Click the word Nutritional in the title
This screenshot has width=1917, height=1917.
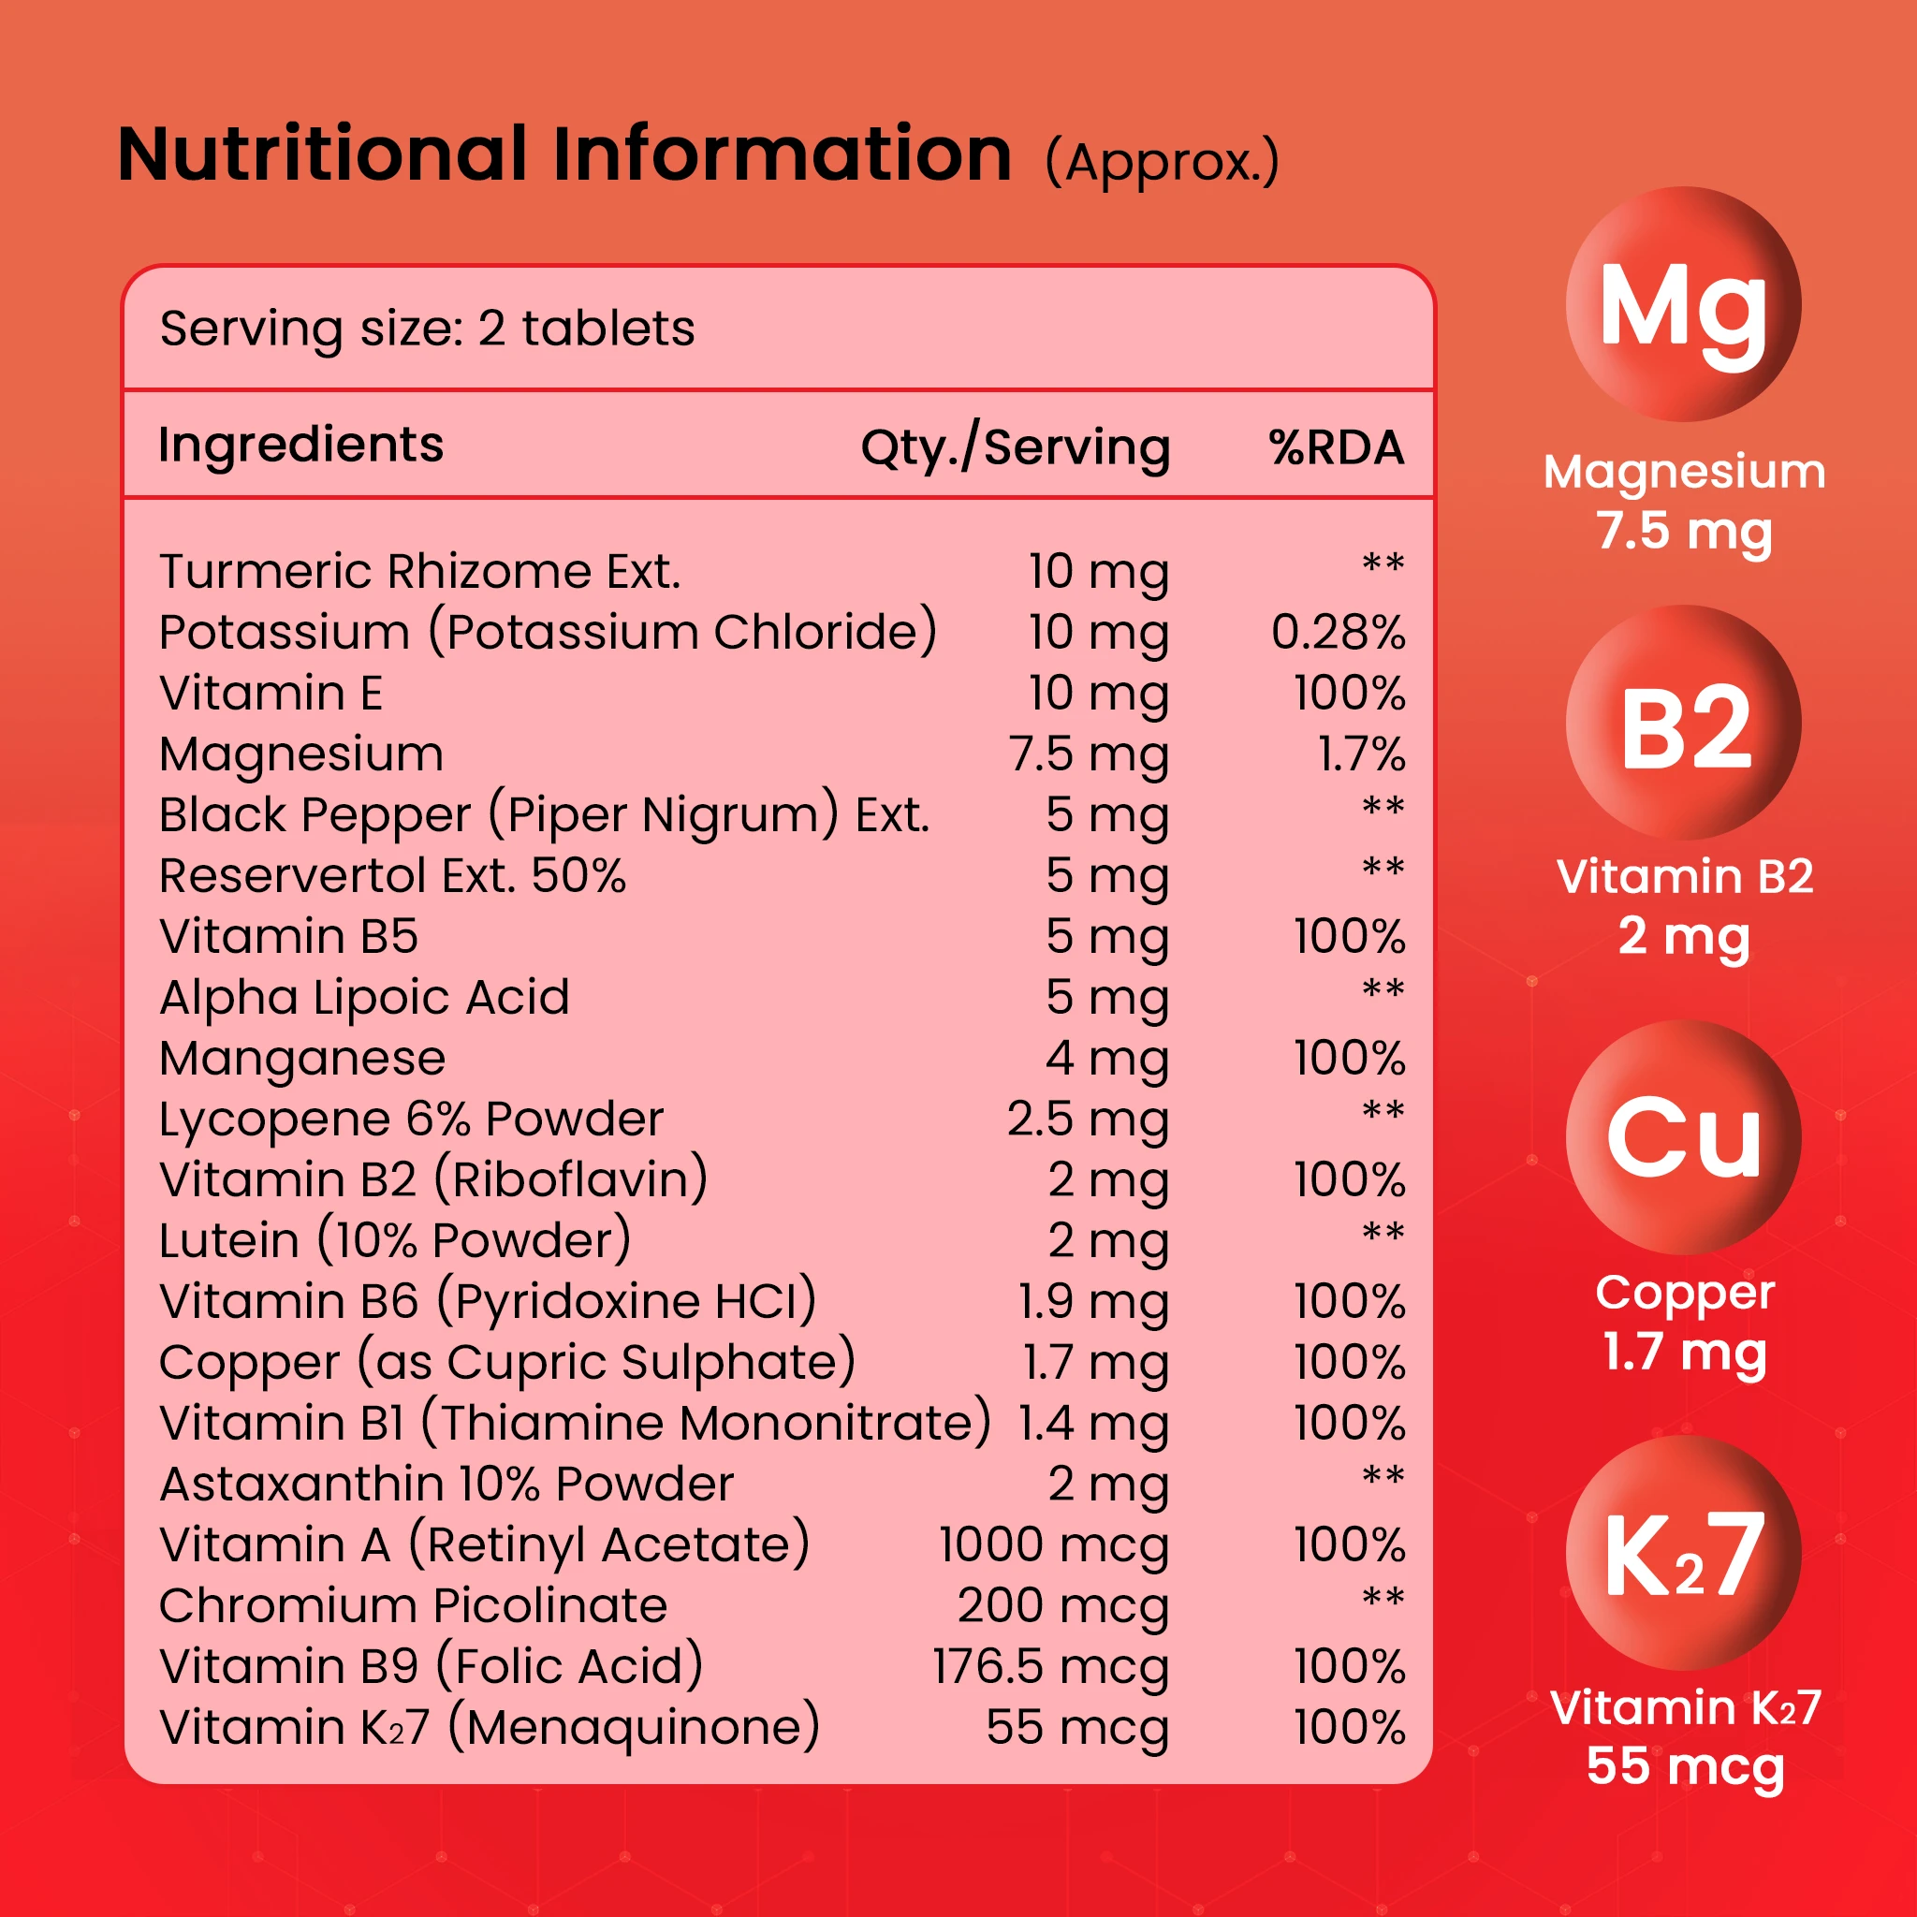[x=323, y=154]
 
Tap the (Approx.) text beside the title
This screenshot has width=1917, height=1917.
[x=1162, y=163]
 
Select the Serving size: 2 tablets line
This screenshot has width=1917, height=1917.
[x=427, y=329]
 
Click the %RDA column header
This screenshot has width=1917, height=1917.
[x=1337, y=447]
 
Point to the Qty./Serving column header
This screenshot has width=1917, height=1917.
[x=1015, y=447]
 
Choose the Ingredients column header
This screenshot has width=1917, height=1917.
[x=300, y=446]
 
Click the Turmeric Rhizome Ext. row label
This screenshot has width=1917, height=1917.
[x=419, y=572]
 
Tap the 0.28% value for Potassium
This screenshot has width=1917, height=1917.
[x=1338, y=633]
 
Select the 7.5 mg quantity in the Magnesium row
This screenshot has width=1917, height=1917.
[x=1089, y=754]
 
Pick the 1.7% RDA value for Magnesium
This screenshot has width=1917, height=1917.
[x=1360, y=754]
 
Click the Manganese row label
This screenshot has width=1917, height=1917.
[x=301, y=1059]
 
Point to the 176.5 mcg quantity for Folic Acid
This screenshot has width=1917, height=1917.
[x=1050, y=1667]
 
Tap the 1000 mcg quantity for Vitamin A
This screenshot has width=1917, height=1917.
[x=1054, y=1544]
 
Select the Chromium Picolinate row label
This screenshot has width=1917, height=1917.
[x=413, y=1605]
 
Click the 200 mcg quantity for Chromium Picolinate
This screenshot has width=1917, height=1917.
[x=1062, y=1605]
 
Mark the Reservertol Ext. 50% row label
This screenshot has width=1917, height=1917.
[x=392, y=876]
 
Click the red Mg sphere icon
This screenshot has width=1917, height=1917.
[x=1683, y=303]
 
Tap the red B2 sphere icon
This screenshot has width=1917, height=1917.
[x=1683, y=723]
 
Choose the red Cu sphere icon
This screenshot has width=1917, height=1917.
[x=1683, y=1137]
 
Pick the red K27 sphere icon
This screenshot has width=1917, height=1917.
[x=1683, y=1553]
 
